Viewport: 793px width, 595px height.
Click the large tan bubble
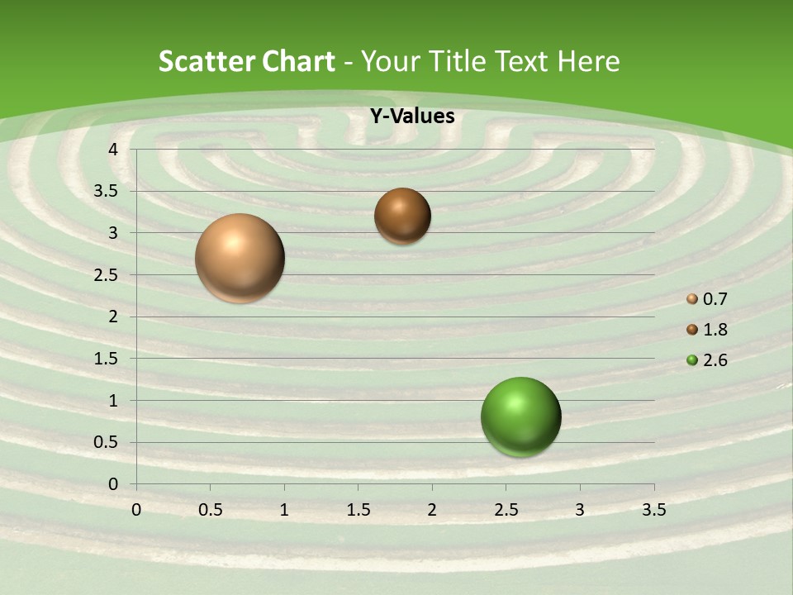coord(240,258)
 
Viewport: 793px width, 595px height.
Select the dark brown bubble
coord(402,217)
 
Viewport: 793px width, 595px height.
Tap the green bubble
coord(520,416)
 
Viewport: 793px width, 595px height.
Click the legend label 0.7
coord(715,299)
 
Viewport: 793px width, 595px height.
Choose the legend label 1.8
coord(715,330)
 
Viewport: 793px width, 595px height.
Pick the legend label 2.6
coord(715,360)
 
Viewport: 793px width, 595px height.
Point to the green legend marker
coord(692,360)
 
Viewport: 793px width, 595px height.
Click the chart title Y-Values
coord(412,117)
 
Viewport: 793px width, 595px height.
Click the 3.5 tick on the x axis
coord(653,510)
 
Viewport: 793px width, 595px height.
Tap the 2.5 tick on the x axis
coord(506,510)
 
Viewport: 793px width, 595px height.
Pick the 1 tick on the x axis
coord(284,510)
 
